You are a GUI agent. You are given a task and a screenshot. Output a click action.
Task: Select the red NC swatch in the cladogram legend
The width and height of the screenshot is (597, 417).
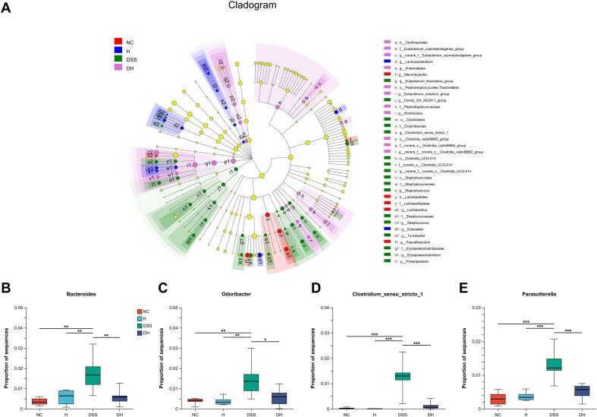coord(118,41)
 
